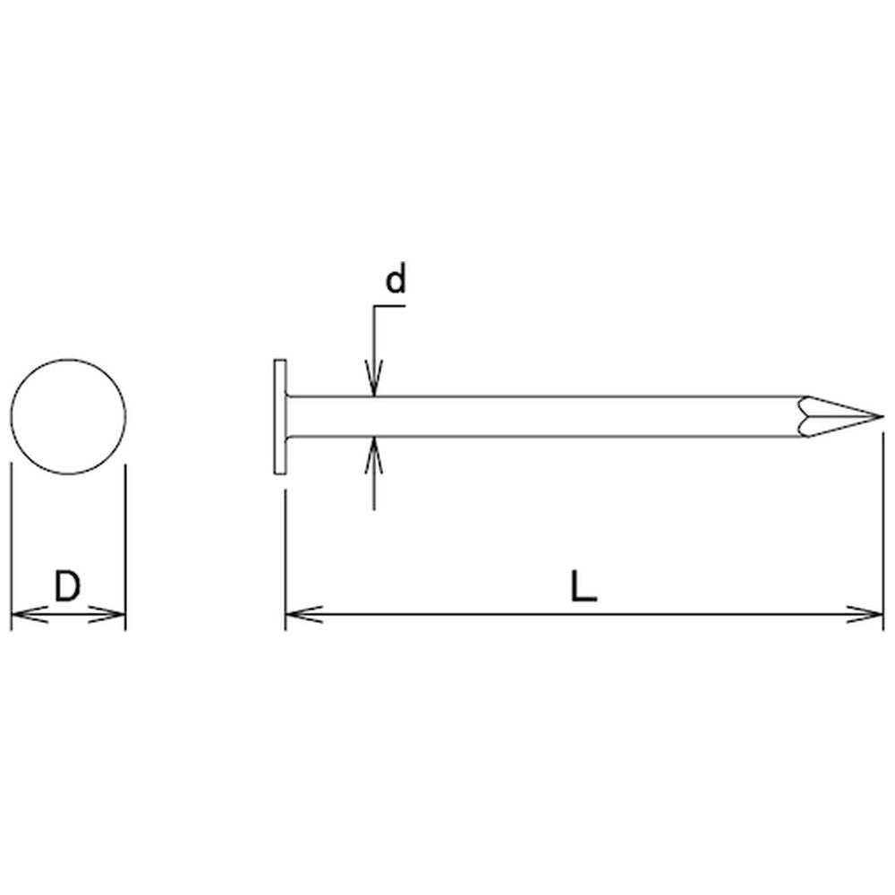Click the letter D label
pyautogui.click(x=67, y=586)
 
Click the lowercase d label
pyautogui.click(x=395, y=279)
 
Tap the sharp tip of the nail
pyautogui.click(x=882, y=417)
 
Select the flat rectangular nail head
pyautogui.click(x=280, y=417)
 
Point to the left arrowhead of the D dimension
pyautogui.click(x=29, y=615)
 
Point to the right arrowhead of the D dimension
pyautogui.click(x=107, y=615)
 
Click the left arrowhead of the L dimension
pyautogui.click(x=303, y=615)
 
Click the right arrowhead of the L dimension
pyautogui.click(x=865, y=615)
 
